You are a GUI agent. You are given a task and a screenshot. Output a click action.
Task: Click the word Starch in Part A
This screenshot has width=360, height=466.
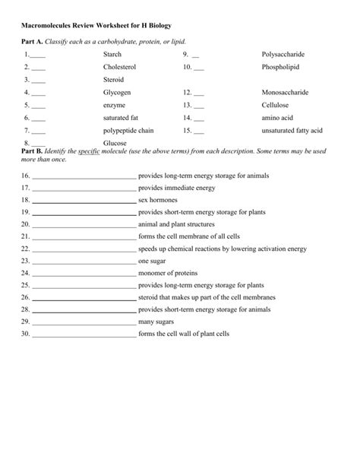tap(112, 55)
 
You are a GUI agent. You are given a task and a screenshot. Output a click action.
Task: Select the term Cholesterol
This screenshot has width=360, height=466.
tap(119, 67)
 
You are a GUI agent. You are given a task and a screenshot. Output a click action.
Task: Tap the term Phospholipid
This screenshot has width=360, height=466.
tap(280, 67)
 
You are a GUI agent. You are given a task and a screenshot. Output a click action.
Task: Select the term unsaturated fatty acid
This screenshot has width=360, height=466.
tap(292, 130)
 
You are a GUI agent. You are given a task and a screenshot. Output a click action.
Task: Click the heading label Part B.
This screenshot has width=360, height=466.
tap(32, 151)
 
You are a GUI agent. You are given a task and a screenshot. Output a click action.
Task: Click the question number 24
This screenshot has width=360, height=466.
tap(25, 272)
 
